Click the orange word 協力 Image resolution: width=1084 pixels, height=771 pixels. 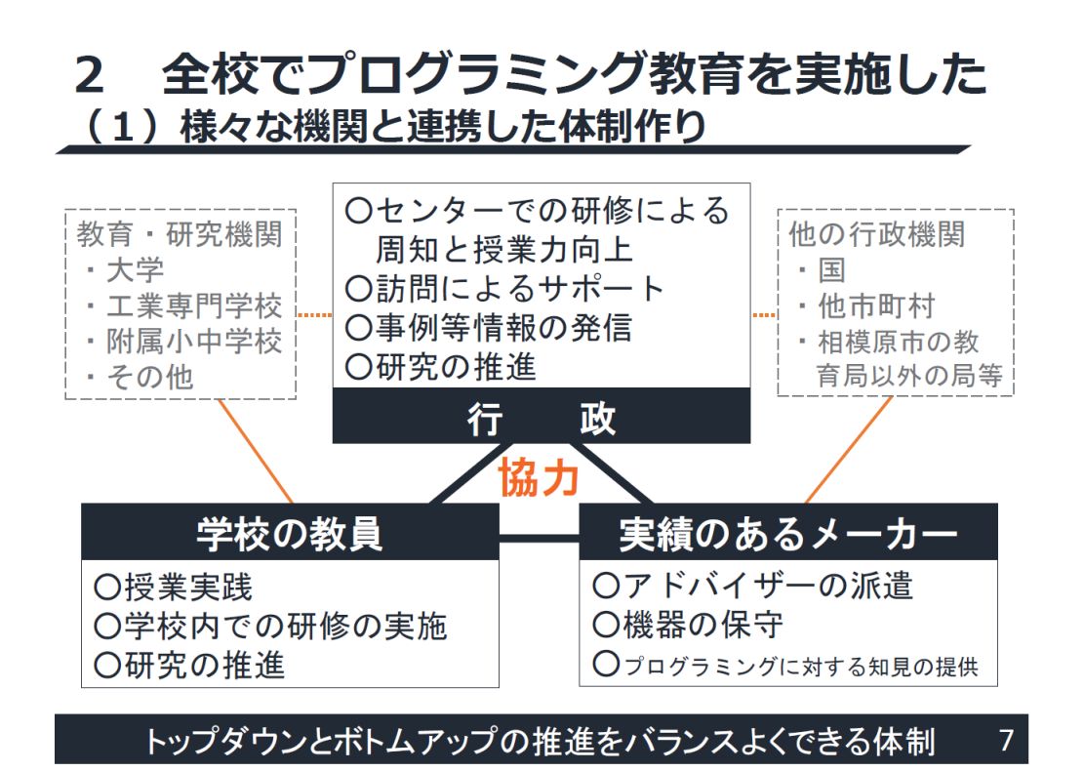coord(540,479)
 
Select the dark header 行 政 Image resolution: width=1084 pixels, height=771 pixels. coord(542,417)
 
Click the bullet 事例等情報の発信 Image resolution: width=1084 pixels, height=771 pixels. coord(489,327)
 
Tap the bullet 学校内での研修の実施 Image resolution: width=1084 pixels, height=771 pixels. coord(270,626)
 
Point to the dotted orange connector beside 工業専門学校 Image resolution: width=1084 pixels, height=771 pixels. coord(314,315)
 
